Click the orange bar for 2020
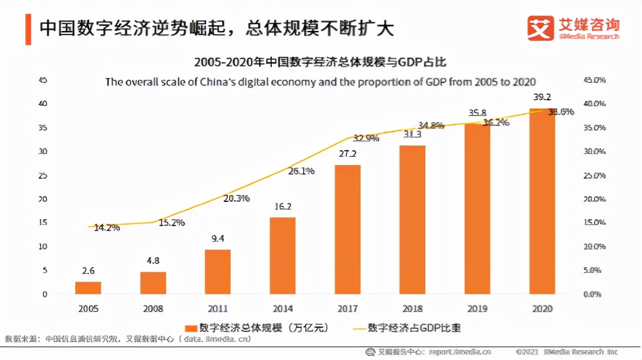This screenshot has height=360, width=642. coord(543,201)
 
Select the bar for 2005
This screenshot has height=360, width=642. coord(88,288)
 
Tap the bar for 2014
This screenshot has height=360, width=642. coord(283,256)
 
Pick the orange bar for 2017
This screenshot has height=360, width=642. coord(348,230)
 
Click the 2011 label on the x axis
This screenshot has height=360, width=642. coord(218,309)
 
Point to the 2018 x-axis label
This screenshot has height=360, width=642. coord(413,309)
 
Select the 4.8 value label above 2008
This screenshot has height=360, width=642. coord(153,260)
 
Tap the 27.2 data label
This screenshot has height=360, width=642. coord(348,154)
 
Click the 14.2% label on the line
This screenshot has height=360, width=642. coord(107,227)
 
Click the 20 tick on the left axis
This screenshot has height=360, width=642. coord(42,199)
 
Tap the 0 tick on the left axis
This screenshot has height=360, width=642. coord(44,294)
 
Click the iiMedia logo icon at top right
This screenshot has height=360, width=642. coord(540,28)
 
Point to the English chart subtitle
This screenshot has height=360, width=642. coord(320,81)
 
